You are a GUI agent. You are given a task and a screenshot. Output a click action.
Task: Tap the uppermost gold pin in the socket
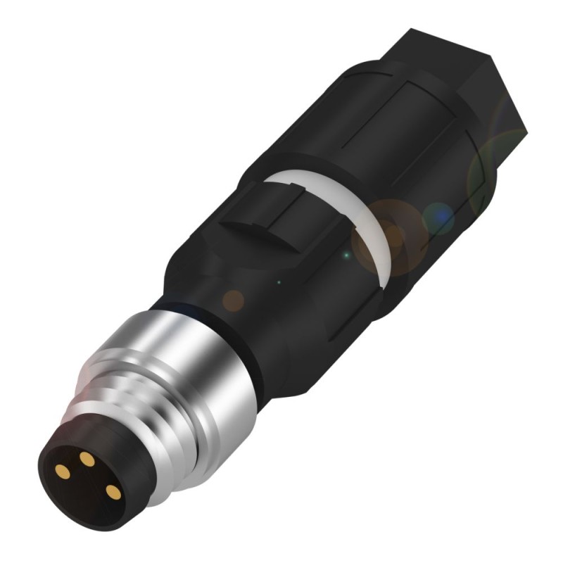[87, 459]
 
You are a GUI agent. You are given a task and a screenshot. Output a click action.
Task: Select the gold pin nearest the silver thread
[110, 490]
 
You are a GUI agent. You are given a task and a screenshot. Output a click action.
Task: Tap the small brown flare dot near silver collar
[233, 301]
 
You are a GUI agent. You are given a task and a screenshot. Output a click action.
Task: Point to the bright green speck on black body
[346, 253]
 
